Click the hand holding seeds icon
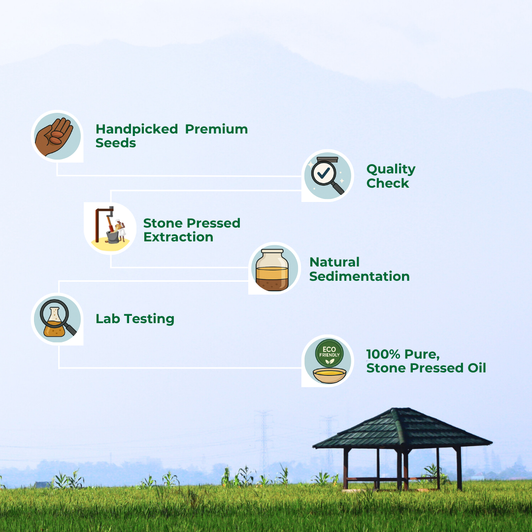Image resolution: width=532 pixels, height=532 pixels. click(x=54, y=136)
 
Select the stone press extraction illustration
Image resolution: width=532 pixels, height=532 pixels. click(x=110, y=225)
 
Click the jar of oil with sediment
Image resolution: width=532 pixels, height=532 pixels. click(x=272, y=270)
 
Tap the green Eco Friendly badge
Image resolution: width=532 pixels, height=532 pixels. click(x=329, y=353)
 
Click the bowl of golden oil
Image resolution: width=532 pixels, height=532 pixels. click(x=330, y=375)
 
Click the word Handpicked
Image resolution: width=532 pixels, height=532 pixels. click(x=137, y=129)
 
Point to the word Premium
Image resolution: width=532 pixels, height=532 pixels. click(x=216, y=129)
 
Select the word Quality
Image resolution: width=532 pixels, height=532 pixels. click(x=391, y=169)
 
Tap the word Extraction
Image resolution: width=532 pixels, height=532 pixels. click(x=178, y=237)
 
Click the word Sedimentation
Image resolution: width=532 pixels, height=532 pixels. click(x=360, y=276)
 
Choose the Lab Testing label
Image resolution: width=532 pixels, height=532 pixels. click(x=135, y=319)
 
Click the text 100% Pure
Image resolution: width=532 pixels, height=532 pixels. click(x=403, y=354)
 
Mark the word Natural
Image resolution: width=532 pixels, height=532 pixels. click(x=334, y=262)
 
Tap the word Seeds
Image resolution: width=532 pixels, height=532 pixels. click(x=116, y=143)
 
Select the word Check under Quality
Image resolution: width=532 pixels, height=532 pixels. click(x=388, y=183)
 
